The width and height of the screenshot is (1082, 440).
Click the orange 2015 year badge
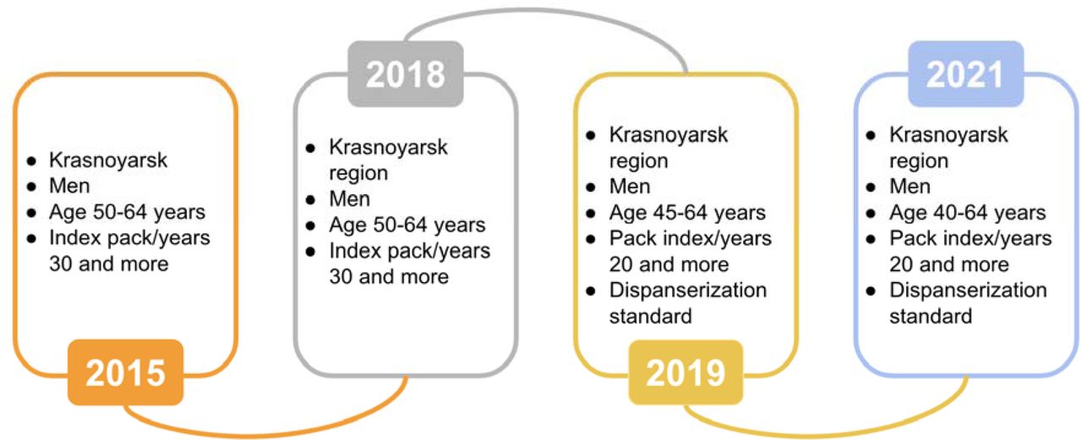click(126, 372)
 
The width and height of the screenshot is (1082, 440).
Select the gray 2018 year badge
click(406, 73)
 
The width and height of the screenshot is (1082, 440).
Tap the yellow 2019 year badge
click(686, 372)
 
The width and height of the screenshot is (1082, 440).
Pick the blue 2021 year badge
click(966, 73)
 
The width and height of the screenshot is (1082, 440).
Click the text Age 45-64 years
click(687, 213)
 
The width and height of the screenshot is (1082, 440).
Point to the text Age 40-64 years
click(968, 213)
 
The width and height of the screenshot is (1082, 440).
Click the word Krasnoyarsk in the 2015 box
click(108, 160)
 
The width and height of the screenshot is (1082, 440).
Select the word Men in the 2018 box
click(350, 198)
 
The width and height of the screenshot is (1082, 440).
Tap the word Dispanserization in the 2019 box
click(688, 291)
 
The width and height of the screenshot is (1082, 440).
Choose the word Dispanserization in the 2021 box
click(968, 291)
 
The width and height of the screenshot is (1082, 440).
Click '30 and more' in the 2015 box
click(109, 263)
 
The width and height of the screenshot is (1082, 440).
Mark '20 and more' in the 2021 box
click(949, 264)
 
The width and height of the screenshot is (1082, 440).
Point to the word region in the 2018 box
click(358, 174)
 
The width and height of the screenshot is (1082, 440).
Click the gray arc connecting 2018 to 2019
click(546, 11)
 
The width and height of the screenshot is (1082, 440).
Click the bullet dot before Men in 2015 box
click(32, 187)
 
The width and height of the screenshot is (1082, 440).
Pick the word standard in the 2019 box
click(651, 317)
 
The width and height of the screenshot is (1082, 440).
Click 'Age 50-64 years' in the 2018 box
click(407, 225)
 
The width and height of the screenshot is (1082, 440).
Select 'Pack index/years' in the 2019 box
click(691, 239)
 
